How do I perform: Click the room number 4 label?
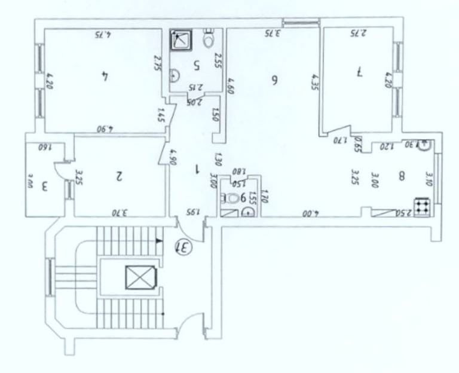tap(105, 76)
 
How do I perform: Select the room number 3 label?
tap(44, 186)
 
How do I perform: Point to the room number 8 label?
tap(402, 176)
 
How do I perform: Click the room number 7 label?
tap(359, 72)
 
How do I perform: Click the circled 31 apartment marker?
tap(182, 244)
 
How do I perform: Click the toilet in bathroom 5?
tap(209, 39)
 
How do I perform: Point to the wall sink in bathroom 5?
tap(174, 75)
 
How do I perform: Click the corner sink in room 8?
tap(425, 145)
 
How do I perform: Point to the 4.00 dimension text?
tap(310, 212)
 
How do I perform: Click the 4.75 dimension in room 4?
tap(104, 35)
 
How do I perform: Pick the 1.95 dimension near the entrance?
tap(191, 211)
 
